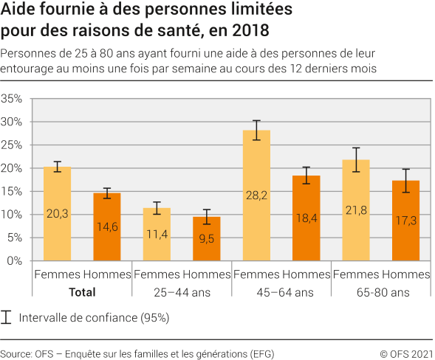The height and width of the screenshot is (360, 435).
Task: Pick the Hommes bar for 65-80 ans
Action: point(405,221)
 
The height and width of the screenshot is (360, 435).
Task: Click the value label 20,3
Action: point(57,215)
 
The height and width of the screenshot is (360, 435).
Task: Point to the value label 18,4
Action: point(306,219)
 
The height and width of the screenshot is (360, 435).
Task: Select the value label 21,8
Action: point(356,211)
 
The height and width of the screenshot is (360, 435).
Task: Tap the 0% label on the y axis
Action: point(16,261)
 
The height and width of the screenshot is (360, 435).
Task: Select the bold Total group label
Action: point(81,292)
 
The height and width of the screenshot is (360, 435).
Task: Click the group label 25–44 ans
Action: point(182,292)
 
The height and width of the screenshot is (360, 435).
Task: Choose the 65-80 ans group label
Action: point(381,292)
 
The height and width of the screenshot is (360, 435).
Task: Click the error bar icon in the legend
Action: point(7,318)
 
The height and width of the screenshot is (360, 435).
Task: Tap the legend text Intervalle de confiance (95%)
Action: point(95,319)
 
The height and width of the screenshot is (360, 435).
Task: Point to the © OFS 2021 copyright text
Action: point(405,353)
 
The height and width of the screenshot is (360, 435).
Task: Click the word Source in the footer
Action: point(16,353)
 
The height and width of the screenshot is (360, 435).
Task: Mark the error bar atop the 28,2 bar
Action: point(256,130)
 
